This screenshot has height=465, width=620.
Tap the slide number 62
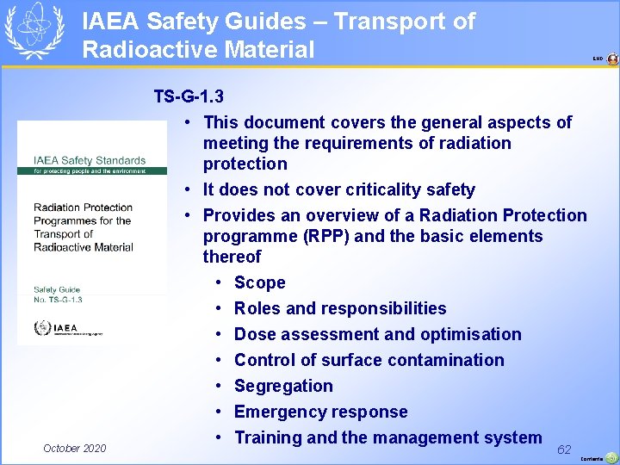[564, 449]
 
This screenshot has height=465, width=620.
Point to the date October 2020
[75, 448]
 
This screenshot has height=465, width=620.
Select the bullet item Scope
[259, 282]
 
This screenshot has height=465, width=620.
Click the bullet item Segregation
[283, 386]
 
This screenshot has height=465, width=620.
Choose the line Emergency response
[320, 412]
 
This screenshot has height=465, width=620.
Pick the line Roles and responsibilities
[340, 308]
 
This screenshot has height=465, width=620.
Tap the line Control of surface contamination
[369, 360]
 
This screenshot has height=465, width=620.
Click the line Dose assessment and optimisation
[377, 334]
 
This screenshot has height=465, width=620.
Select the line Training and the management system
[387, 437]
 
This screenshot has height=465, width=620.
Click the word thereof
[232, 257]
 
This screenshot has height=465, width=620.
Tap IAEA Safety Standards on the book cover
[90, 160]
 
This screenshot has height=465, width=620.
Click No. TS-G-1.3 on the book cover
[59, 299]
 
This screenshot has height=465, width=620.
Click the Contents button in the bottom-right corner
[611, 458]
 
